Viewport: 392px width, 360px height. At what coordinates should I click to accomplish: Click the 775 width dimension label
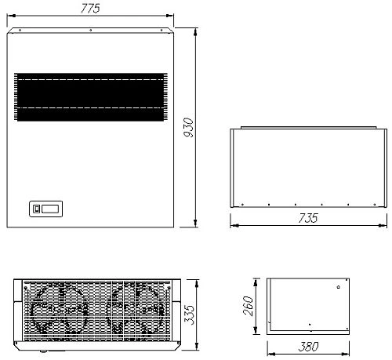click(x=90, y=8)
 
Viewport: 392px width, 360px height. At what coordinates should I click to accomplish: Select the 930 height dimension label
click(x=188, y=127)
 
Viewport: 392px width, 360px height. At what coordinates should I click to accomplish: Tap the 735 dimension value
click(x=308, y=218)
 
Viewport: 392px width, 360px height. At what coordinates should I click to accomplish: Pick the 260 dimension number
click(x=249, y=306)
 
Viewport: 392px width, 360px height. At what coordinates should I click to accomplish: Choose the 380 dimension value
click(x=308, y=347)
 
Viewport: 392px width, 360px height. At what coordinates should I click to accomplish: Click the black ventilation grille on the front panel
click(x=91, y=97)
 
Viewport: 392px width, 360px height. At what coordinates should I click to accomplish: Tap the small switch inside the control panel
click(x=37, y=209)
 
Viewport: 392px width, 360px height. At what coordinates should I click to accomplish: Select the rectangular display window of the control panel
click(x=50, y=209)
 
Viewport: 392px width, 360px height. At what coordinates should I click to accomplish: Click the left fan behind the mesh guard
click(x=60, y=310)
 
